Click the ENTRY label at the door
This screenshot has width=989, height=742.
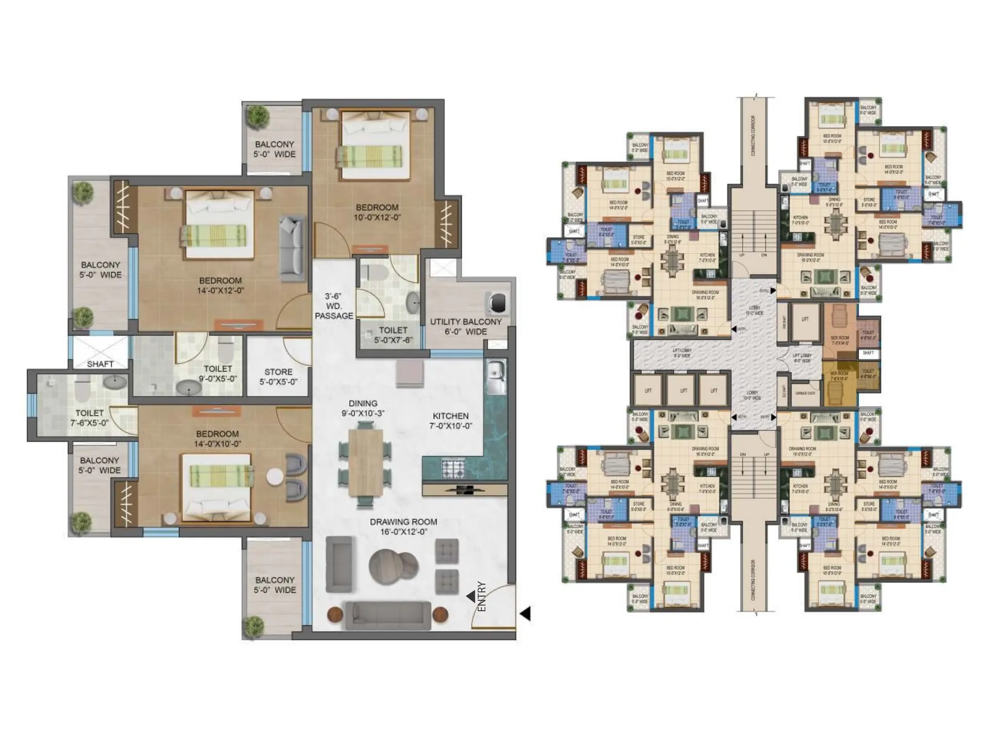pos(482,596)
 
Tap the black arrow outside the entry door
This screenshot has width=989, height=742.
pos(525,614)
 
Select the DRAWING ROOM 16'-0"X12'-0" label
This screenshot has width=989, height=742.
pos(403,527)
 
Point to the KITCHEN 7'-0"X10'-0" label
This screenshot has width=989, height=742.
pos(451,420)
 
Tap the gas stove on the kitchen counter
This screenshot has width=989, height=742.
pos(453,468)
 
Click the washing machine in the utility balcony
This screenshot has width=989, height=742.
pos(497,302)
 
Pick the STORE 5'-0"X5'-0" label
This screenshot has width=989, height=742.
pos(278,377)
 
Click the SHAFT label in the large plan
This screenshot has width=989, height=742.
pos(100,364)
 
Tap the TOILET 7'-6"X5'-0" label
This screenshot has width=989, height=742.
pos(90,418)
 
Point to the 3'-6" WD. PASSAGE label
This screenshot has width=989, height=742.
pos(334,306)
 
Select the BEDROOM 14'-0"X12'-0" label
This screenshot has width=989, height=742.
pos(220,285)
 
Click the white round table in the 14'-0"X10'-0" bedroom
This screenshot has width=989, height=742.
pos(275,477)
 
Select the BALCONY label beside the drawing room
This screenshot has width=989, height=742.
pos(275,585)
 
